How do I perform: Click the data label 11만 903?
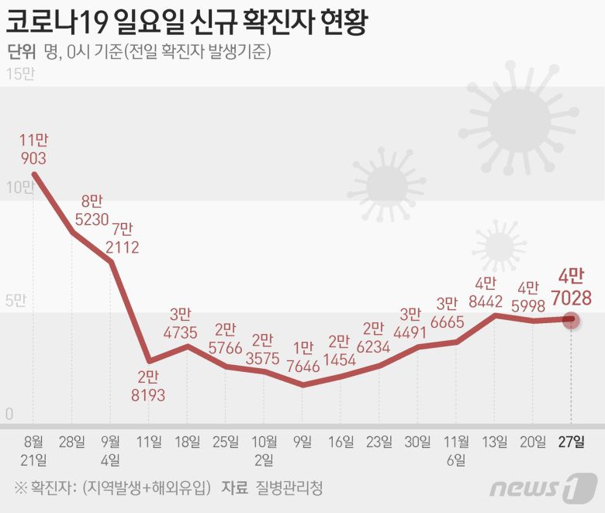point(33,150)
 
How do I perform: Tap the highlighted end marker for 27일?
point(571,318)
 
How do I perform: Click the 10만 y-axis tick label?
point(19,188)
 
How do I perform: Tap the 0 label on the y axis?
point(9,414)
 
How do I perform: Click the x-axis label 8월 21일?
point(34,451)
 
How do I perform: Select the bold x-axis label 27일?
point(572,442)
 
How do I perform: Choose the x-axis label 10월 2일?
point(264,451)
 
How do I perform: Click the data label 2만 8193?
point(148,387)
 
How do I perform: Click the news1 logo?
point(543,489)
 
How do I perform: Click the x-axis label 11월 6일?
point(456,451)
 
